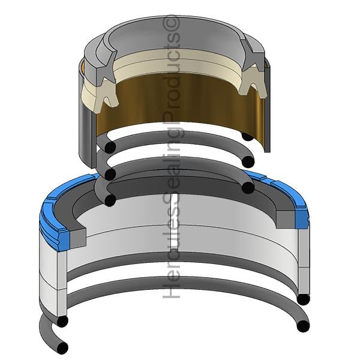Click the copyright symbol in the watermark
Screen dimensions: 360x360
171,23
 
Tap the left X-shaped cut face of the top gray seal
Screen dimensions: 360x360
106,64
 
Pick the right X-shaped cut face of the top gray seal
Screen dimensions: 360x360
252,55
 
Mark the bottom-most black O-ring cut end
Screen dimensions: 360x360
62,348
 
